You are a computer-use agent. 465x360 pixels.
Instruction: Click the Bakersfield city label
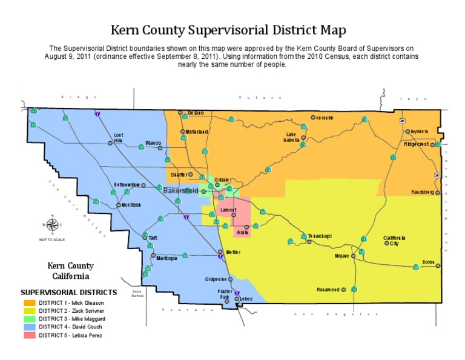[180, 190]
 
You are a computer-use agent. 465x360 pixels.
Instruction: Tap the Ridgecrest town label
[417, 144]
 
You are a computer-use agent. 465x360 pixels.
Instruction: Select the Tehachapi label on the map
[320, 236]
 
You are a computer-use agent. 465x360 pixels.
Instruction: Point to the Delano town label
[196, 113]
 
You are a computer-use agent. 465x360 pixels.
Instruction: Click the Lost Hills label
[118, 138]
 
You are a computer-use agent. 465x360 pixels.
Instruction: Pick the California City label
[395, 241]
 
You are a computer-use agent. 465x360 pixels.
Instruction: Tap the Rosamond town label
[328, 290]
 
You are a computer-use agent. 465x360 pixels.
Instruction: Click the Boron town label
[429, 262]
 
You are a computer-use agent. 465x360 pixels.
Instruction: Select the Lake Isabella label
[291, 137]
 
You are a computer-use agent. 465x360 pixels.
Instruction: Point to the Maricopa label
[167, 258]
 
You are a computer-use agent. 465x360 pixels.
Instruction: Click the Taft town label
[153, 238]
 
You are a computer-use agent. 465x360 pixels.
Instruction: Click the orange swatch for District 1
[29, 302]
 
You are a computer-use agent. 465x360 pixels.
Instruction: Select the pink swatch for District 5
[29, 335]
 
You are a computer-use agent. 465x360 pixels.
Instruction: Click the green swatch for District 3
[29, 318]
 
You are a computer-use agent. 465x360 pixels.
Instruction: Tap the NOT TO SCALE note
[52, 240]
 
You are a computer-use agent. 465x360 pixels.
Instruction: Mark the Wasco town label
[153, 143]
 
